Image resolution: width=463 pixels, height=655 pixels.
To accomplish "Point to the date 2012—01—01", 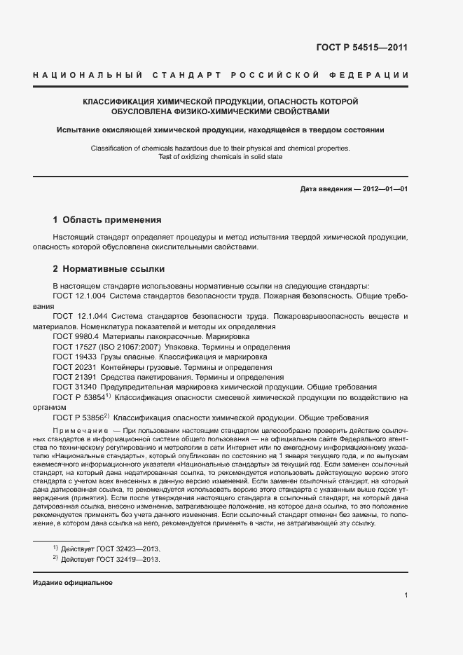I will pos(384,189).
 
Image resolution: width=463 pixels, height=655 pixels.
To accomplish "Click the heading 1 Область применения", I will pos(107,219).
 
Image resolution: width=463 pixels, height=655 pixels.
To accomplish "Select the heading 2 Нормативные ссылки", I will pos(109,269).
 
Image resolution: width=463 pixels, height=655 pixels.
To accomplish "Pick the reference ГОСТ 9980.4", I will pos(74,336).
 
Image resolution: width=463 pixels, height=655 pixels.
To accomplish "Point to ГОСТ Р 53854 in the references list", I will pos(78,397).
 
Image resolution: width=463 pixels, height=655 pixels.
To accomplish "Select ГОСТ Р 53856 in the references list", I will pos(78,418).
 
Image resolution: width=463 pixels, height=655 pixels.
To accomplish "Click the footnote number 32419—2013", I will pos(137,560).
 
